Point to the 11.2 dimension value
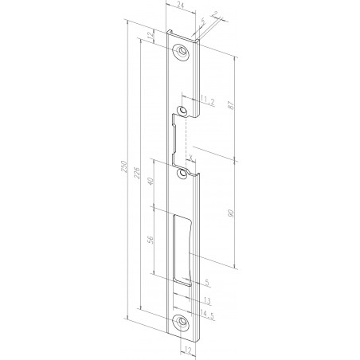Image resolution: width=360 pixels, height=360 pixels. point(205,100)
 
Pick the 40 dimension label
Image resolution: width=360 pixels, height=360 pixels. point(153,183)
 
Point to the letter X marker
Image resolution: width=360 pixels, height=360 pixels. point(191,155)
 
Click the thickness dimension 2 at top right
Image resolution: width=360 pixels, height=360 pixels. point(216,14)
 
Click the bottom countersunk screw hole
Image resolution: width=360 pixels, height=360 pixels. point(183,321)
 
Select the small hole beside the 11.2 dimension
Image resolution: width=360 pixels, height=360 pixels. point(183,109)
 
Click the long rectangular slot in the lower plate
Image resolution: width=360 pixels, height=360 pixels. point(184,248)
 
